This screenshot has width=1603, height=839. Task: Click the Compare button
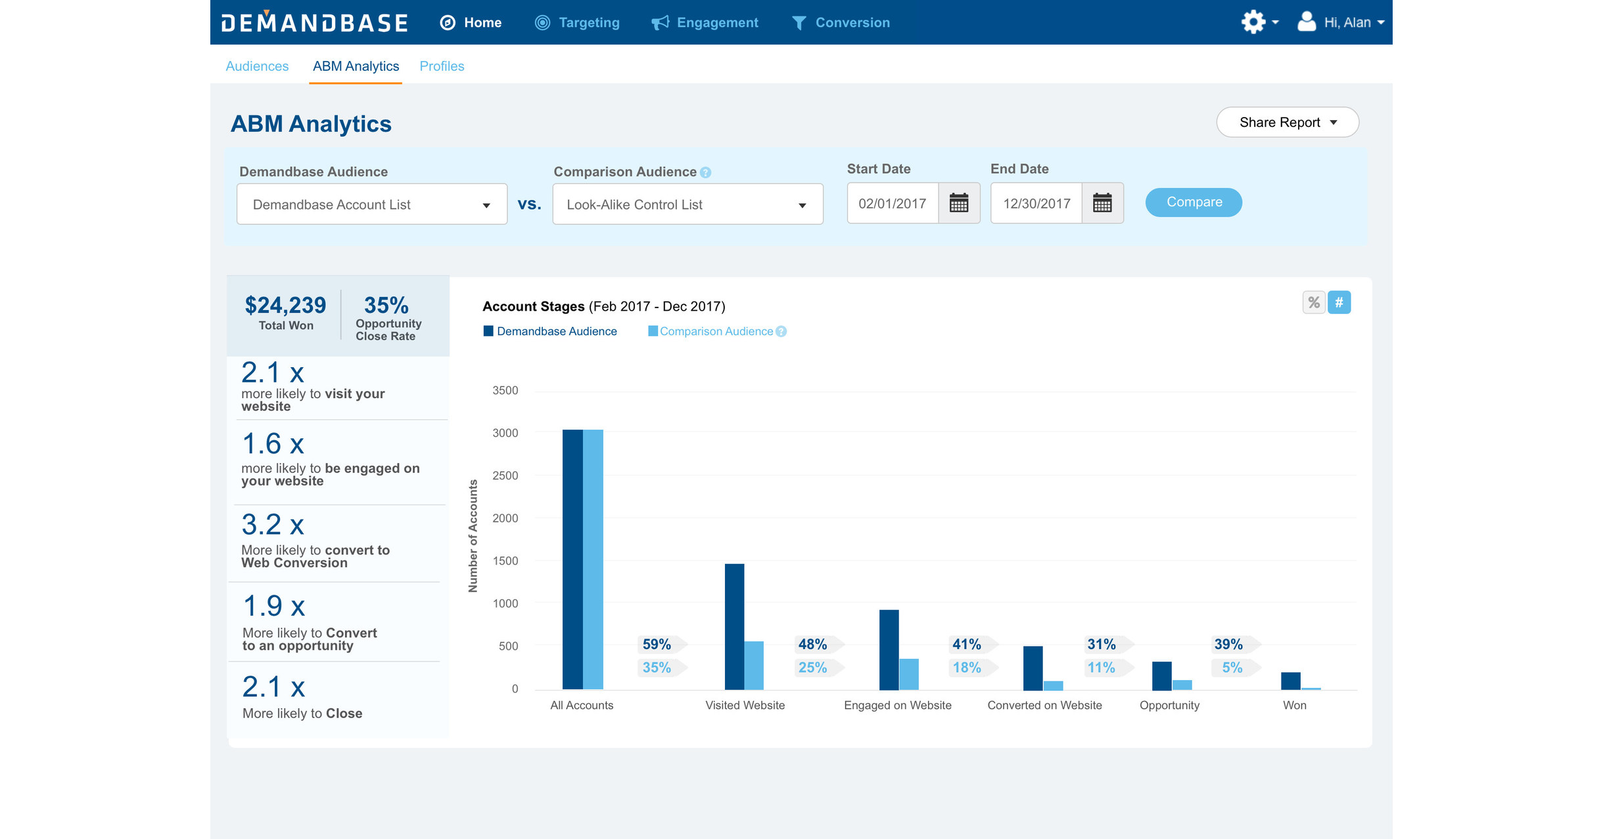pos(1193,202)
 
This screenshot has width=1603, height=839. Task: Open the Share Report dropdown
pos(1287,123)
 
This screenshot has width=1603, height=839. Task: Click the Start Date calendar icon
pos(959,204)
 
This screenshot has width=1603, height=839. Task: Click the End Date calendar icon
pos(1102,204)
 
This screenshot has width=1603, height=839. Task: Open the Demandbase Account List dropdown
pos(371,204)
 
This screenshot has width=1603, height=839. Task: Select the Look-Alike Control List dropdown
pos(687,204)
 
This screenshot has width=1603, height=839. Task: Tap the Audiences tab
pos(257,66)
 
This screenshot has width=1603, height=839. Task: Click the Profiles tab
pos(442,66)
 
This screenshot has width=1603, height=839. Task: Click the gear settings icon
pos(1253,22)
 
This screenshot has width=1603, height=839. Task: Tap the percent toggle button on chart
pos(1313,303)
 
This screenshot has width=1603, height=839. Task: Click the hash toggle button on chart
pos(1339,303)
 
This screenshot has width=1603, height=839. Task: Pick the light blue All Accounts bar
pos(593,558)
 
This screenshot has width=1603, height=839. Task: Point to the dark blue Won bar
pos(1290,681)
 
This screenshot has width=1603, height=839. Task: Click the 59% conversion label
pos(657,645)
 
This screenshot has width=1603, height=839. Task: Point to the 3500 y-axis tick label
pos(505,391)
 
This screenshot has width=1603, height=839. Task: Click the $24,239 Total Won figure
pos(285,306)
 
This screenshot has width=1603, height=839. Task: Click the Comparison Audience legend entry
pos(716,332)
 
